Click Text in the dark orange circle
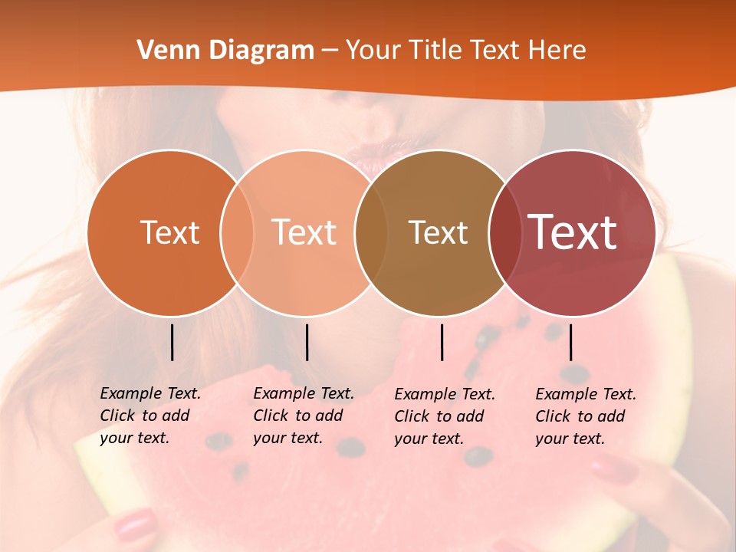(169, 232)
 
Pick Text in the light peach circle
(304, 232)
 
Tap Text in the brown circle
(438, 232)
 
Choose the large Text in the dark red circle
(573, 232)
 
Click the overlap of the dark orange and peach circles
(237, 232)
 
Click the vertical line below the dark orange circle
(172, 342)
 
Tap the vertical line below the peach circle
(307, 342)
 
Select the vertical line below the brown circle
(442, 342)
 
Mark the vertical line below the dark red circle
(570, 342)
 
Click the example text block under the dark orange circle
(149, 416)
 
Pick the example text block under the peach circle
(303, 416)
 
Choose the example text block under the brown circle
(444, 416)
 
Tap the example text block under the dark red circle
(585, 416)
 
